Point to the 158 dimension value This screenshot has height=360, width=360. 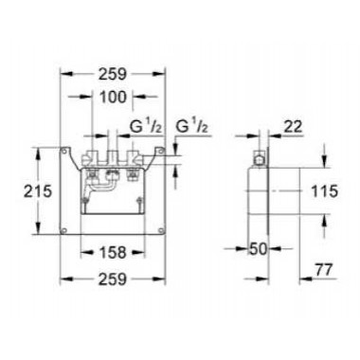coord(117,252)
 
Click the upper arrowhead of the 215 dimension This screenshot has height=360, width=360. coord(39,148)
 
